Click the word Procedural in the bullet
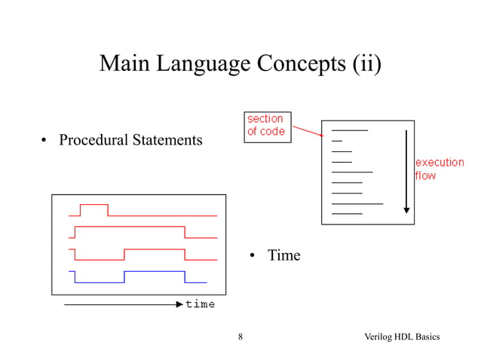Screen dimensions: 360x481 coord(93,140)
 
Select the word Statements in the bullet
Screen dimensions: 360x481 coord(167,140)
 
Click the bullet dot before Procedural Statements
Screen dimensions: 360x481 coord(44,141)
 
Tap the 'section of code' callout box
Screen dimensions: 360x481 coord(265,125)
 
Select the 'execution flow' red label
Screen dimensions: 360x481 coord(439,169)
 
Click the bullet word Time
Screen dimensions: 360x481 coord(284,256)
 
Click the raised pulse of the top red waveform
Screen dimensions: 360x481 coord(94,205)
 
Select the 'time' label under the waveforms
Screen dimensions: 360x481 coord(201,304)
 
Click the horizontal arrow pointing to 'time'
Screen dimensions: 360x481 coord(121,304)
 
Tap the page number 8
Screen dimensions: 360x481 coord(240,336)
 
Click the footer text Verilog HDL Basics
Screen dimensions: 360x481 coord(402,336)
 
